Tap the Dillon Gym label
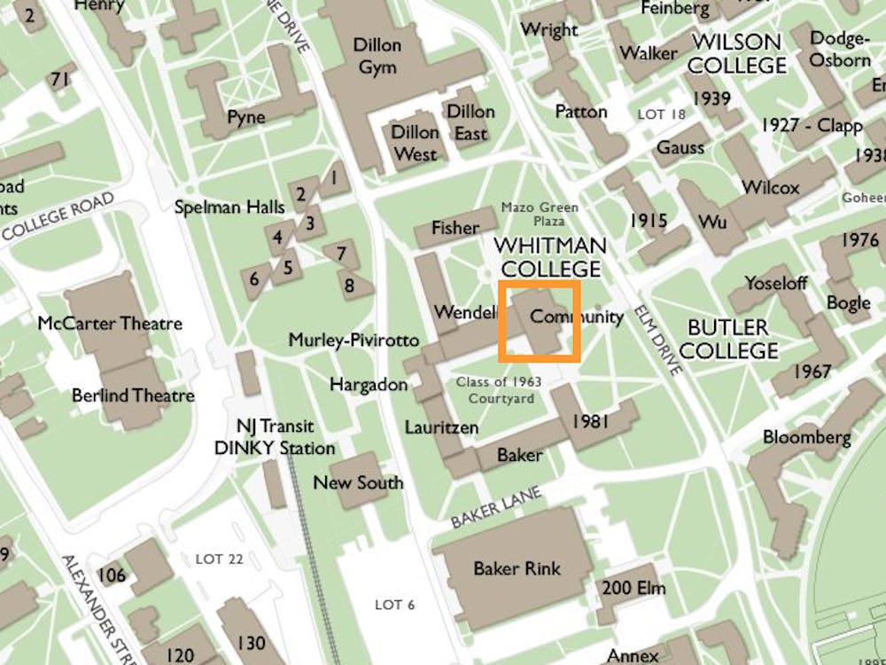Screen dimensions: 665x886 coord(377,56)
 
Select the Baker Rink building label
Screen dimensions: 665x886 coord(517,568)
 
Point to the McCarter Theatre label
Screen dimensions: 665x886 coord(110,324)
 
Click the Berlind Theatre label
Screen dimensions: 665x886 coord(133,395)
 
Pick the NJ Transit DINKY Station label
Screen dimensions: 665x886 coord(275,437)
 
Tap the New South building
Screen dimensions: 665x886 coord(358,482)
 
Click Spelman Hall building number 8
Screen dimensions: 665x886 coord(349,286)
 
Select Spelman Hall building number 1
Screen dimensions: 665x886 coord(333,178)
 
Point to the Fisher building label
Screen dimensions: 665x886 coord(455,228)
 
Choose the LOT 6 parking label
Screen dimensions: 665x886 coord(394,605)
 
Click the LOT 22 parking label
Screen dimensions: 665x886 coord(219,559)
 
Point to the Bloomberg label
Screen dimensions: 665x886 coord(806,437)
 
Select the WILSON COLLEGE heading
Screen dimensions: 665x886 coord(736,53)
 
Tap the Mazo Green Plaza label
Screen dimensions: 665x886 coord(540,214)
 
